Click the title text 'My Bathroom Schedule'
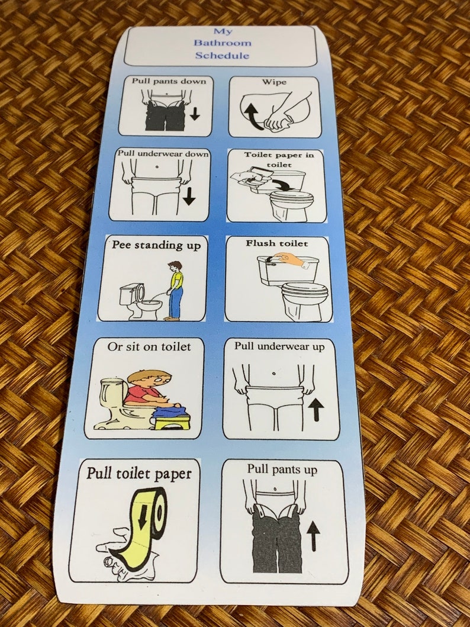point(224,43)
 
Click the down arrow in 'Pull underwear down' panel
point(189,196)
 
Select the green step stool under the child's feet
point(171,421)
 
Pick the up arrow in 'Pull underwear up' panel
point(317,409)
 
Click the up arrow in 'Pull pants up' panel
point(314,536)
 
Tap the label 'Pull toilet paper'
point(139,473)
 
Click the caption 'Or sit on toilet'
point(149,346)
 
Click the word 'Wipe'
point(275,82)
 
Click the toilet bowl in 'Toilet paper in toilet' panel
point(291,204)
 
